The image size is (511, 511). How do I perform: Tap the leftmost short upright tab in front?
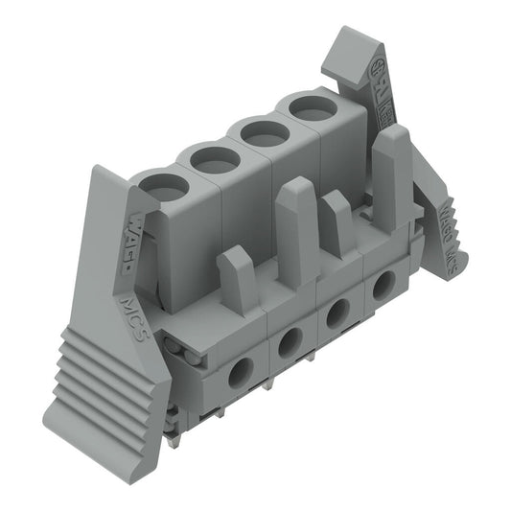point(236,278)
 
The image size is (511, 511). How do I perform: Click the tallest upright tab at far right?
point(391,173)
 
